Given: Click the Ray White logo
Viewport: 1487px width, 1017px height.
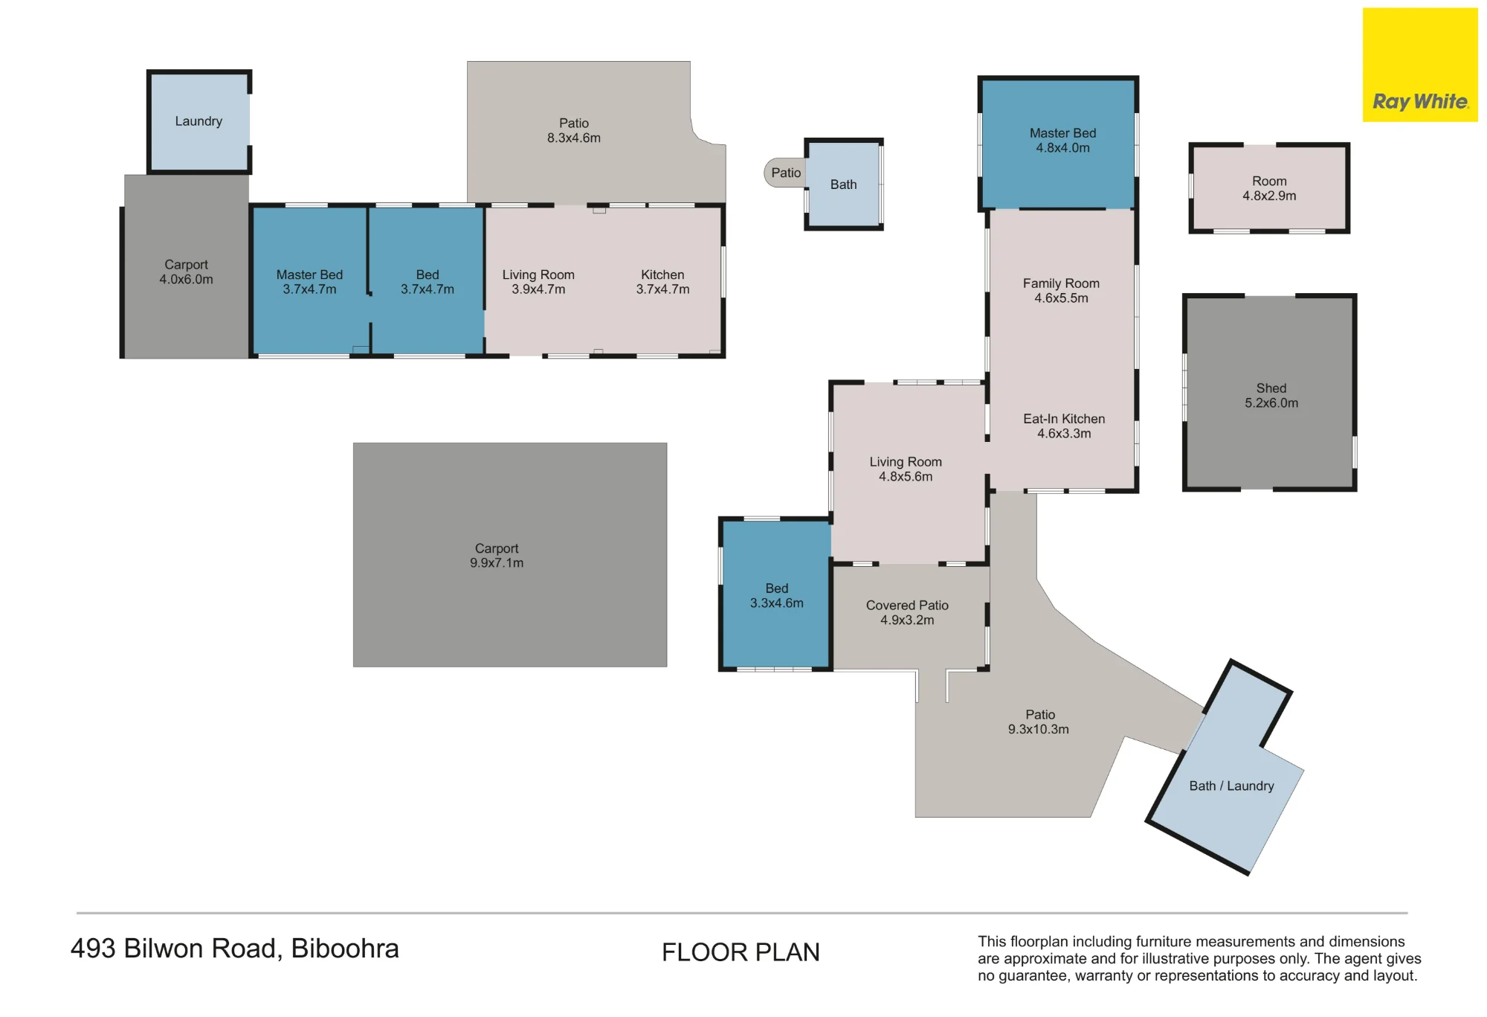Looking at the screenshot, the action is [x=1420, y=65].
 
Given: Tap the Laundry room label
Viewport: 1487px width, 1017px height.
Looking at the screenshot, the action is [x=199, y=121].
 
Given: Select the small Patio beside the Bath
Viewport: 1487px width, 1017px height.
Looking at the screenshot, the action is [x=786, y=173].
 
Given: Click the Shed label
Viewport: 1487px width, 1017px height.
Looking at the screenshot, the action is [x=1271, y=388].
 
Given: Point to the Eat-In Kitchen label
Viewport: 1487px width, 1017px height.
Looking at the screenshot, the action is [x=1064, y=419].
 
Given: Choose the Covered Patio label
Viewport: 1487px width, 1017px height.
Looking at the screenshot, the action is [x=907, y=606].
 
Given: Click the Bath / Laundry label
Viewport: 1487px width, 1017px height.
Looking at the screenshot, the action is [x=1231, y=786].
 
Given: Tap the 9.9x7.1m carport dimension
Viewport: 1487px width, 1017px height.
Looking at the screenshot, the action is [x=497, y=563].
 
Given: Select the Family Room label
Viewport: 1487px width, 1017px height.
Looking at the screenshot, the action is [x=1061, y=283].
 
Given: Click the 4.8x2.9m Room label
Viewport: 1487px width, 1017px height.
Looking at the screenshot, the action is [x=1269, y=188].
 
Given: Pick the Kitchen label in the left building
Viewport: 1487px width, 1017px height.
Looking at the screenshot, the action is [x=662, y=275].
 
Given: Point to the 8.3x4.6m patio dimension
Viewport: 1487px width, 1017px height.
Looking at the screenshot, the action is [x=574, y=138].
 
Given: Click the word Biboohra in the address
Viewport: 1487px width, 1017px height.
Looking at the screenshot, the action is [x=345, y=949].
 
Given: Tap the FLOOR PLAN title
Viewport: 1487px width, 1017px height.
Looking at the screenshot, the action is [x=741, y=952].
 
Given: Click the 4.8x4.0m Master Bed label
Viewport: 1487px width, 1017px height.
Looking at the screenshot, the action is [x=1063, y=141].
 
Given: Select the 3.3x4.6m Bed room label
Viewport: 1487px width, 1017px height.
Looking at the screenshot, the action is [x=777, y=596].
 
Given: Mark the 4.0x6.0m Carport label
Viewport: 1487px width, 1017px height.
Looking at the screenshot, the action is [x=186, y=272].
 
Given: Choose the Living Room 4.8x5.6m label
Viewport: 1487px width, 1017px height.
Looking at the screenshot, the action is [x=906, y=469].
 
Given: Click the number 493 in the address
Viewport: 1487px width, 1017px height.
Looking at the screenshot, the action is [x=93, y=949].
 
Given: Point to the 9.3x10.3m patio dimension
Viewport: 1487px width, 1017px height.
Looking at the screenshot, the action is [x=1039, y=729].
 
